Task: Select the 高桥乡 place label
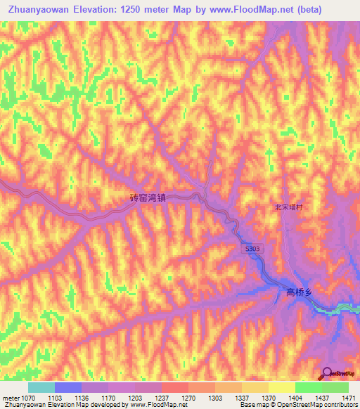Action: (300, 292)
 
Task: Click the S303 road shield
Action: (253, 248)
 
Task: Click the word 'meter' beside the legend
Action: (8, 398)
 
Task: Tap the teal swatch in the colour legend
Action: (41, 387)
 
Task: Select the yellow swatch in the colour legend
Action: (281, 387)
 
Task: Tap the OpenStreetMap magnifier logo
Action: (326, 373)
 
